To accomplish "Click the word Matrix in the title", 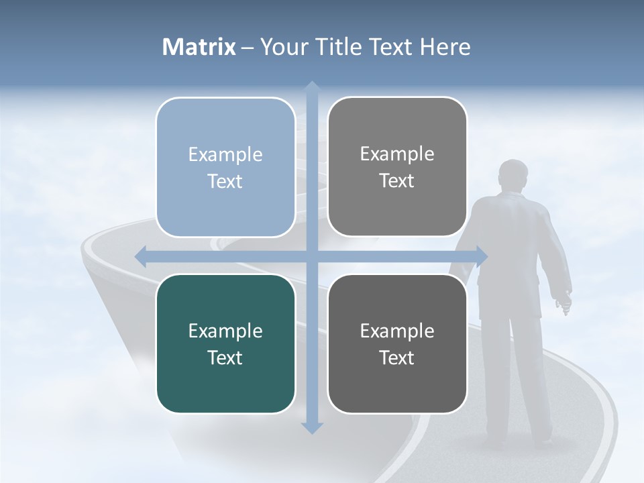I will [199, 47].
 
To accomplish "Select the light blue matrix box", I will [225, 167].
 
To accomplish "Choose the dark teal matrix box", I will [225, 343].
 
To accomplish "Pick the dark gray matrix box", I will [397, 343].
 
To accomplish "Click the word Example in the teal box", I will [225, 331].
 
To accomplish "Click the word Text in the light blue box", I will [225, 181].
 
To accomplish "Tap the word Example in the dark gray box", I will [397, 331].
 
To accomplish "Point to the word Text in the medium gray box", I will [397, 180].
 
